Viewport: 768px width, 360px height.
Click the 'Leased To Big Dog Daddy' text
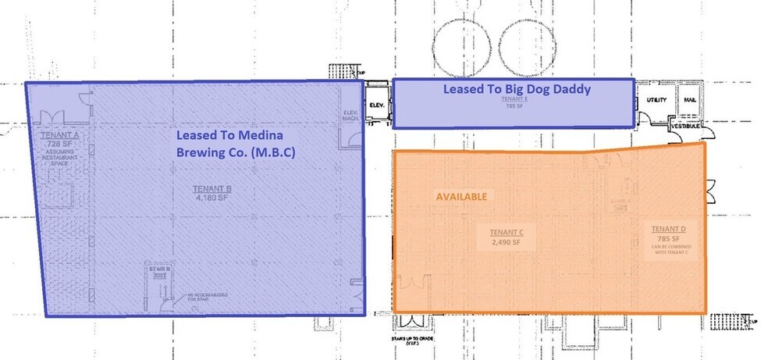[517, 89]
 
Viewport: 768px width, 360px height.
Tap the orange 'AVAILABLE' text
[460, 196]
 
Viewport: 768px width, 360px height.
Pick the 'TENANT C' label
[505, 233]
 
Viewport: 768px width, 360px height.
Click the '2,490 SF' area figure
[505, 242]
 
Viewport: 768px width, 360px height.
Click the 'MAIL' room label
[689, 102]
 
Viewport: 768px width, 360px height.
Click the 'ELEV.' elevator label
[376, 104]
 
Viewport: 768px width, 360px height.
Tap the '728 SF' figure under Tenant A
[56, 144]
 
